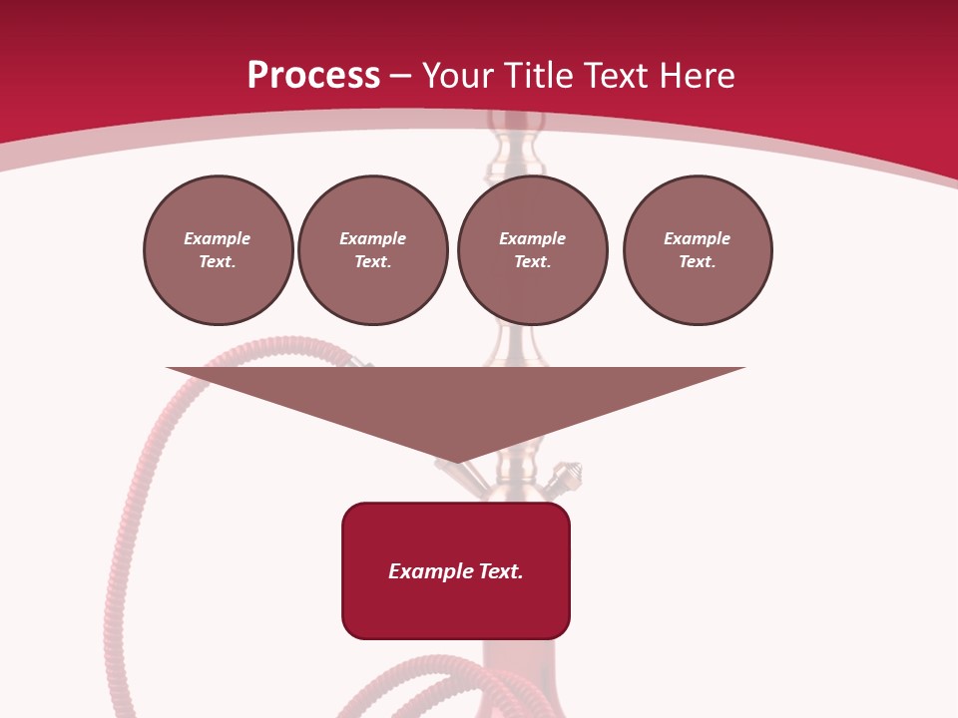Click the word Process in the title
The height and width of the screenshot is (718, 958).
pyautogui.click(x=313, y=76)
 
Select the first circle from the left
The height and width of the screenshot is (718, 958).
pyautogui.click(x=219, y=250)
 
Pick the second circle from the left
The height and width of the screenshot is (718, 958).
pyautogui.click(x=373, y=250)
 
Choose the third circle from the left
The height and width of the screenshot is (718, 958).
pyautogui.click(x=533, y=250)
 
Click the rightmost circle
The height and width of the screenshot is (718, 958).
pyautogui.click(x=698, y=250)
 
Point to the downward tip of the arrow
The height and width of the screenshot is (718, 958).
pyautogui.click(x=456, y=461)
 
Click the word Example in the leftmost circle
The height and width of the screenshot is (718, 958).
pyautogui.click(x=218, y=239)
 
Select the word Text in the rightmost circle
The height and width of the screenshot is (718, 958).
pyautogui.click(x=697, y=262)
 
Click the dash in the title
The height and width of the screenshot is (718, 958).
pyautogui.click(x=400, y=76)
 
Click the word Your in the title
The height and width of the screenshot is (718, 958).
pyautogui.click(x=455, y=76)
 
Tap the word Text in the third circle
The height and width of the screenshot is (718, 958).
pyautogui.click(x=532, y=262)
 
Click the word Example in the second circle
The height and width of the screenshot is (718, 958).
pyautogui.click(x=373, y=239)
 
